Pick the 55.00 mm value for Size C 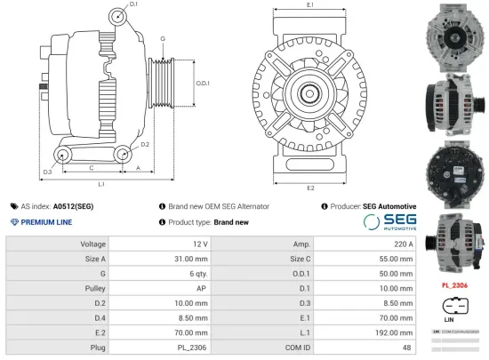(393, 259)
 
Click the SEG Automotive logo (389, 222)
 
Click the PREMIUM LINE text (46, 222)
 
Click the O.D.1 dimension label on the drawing (203, 83)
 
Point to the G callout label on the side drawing (163, 39)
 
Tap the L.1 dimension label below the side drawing (101, 184)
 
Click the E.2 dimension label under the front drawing (310, 188)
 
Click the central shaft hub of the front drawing (309, 92)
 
